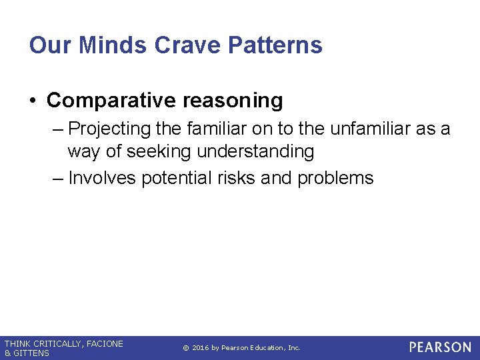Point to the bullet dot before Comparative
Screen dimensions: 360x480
tap(33, 101)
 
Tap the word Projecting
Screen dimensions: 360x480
tap(110, 129)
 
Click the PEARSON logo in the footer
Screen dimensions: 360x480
tap(440, 347)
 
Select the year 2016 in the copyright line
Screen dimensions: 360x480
tap(202, 348)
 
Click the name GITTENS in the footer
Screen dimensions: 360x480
tap(32, 353)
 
